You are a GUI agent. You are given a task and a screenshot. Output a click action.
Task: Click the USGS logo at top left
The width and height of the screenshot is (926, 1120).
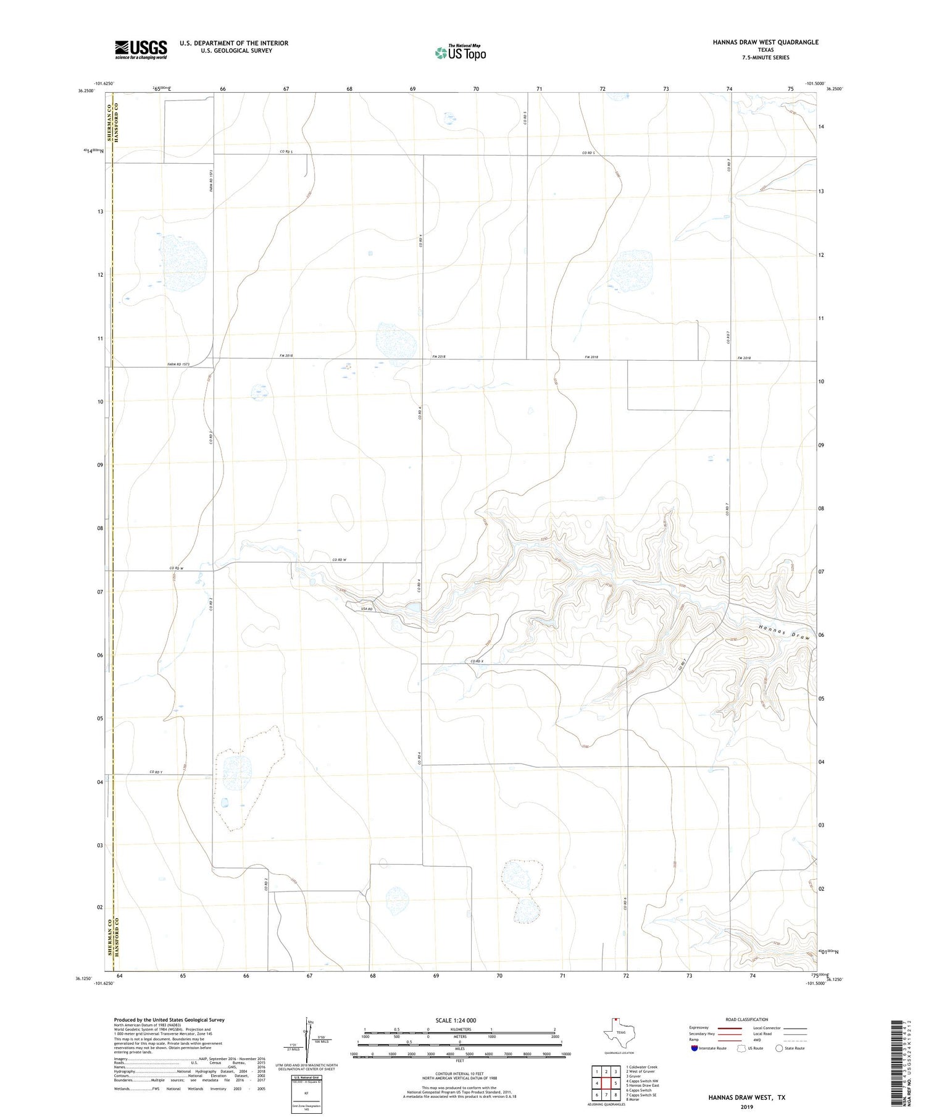tap(141, 49)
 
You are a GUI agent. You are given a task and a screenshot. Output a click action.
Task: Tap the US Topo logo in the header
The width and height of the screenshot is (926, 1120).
tap(460, 53)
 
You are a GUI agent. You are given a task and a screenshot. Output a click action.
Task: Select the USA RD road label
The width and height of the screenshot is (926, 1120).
tap(367, 609)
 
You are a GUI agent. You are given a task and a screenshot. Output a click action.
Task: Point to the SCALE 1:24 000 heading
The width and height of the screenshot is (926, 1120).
tap(456, 1020)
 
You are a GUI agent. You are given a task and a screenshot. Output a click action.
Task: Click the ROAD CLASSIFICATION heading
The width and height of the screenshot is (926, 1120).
tap(746, 1019)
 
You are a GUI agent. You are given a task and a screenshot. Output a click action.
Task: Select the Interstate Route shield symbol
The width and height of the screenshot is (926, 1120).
tap(695, 1048)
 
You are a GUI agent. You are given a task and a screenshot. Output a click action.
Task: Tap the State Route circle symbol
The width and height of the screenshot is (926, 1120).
tap(779, 1048)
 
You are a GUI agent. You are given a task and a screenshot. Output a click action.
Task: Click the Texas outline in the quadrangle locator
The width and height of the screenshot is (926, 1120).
tap(617, 1032)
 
